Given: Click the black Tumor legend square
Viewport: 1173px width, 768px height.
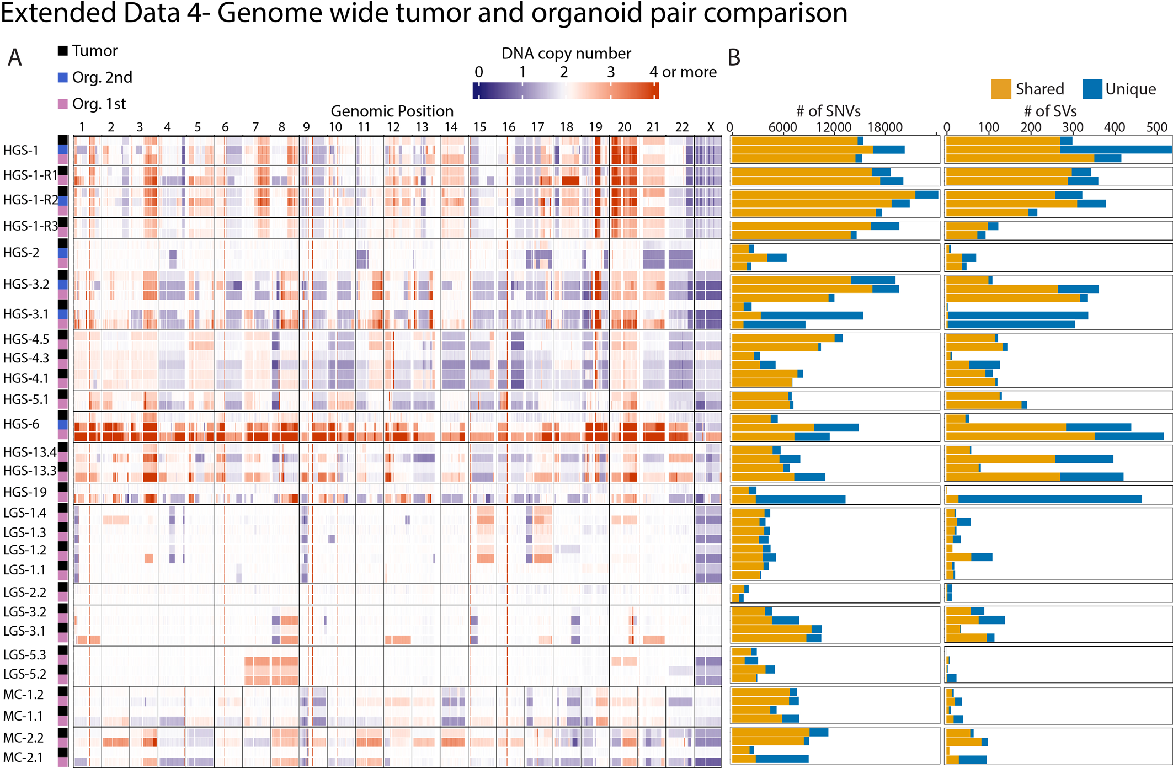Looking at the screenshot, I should pyautogui.click(x=63, y=51).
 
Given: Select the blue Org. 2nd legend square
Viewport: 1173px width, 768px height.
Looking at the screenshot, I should pyautogui.click(x=63, y=77).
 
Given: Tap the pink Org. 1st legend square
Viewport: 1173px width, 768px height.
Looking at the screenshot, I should pyautogui.click(x=63, y=104).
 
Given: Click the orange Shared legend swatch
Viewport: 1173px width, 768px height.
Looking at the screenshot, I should pyautogui.click(x=1001, y=89).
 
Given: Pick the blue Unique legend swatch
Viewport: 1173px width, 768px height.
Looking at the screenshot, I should pyautogui.click(x=1092, y=89).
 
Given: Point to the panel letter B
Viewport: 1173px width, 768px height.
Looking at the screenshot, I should pyautogui.click(x=734, y=58).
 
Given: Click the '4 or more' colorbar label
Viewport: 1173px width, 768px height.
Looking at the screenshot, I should pyautogui.click(x=683, y=72).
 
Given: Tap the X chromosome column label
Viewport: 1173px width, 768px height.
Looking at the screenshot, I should pyautogui.click(x=711, y=127).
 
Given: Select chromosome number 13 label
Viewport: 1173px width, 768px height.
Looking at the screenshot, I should pyautogui.click(x=422, y=127).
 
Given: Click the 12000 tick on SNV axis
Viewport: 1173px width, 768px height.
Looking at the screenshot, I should pyautogui.click(x=833, y=127).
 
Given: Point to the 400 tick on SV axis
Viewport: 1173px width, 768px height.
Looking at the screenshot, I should pyautogui.click(x=1114, y=127).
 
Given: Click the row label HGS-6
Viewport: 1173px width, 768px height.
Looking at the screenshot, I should pyautogui.click(x=21, y=424).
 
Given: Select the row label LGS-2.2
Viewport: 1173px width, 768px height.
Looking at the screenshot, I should pyautogui.click(x=25, y=592).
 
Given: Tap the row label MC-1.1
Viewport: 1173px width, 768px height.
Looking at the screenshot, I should pyautogui.click(x=23, y=716).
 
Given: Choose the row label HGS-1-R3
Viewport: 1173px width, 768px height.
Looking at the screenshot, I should pyautogui.click(x=30, y=226).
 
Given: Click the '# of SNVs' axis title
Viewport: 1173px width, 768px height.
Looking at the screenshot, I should pyautogui.click(x=828, y=111).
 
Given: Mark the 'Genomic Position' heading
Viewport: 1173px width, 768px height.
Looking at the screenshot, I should pyautogui.click(x=392, y=111).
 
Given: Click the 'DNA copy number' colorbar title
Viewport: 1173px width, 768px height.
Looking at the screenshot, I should pyautogui.click(x=566, y=54).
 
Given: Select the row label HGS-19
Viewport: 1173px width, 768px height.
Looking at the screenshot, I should pyautogui.click(x=25, y=492).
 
